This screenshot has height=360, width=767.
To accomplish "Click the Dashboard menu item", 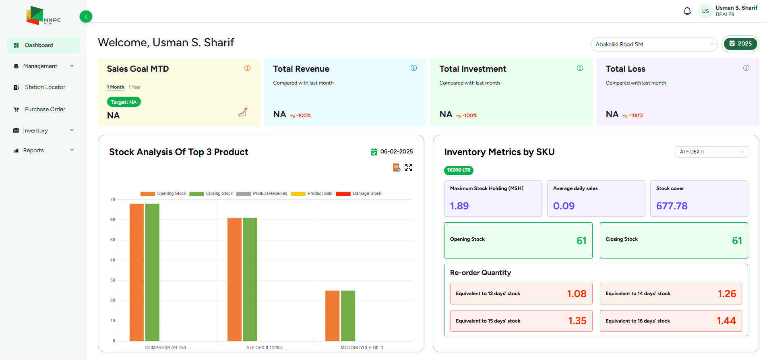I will [x=39, y=45].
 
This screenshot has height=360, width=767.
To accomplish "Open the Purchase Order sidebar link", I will [x=45, y=109].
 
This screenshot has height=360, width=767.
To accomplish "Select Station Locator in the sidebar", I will [x=45, y=87].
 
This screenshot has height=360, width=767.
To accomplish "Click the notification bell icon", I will [x=687, y=11].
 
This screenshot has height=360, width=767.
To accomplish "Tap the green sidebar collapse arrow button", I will [x=86, y=17].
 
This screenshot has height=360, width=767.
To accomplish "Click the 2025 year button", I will [x=740, y=44].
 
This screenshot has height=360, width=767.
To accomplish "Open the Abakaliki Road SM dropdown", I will [x=653, y=44].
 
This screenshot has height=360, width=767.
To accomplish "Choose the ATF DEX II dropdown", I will [x=711, y=152].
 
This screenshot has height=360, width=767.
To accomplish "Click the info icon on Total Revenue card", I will [x=413, y=68].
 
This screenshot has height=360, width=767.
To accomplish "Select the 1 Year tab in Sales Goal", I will [x=135, y=87].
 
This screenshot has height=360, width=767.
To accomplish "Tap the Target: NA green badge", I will [x=124, y=102].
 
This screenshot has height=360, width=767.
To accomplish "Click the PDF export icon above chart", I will [x=396, y=168].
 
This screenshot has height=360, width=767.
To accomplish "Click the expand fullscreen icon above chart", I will [x=409, y=168].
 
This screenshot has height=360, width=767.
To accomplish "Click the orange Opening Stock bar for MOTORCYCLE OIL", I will [x=332, y=316].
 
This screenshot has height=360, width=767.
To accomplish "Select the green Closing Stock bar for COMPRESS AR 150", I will [x=152, y=272].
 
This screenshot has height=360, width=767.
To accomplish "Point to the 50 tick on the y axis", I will [x=113, y=240].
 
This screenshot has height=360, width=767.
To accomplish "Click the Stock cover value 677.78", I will [x=672, y=206].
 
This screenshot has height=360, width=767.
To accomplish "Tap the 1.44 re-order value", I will [x=726, y=321].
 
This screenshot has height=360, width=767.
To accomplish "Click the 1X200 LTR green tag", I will [x=459, y=170].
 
